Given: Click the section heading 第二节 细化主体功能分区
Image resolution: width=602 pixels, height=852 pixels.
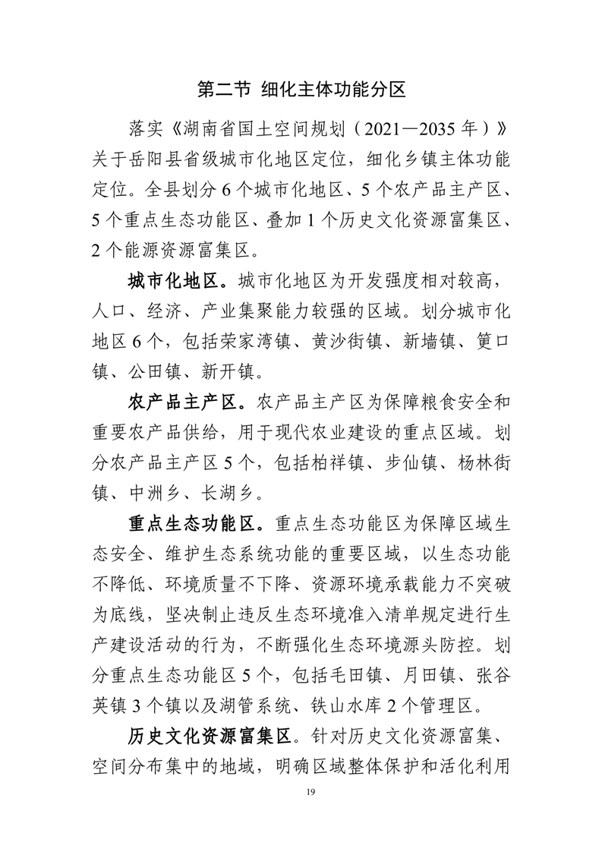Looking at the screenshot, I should (301, 89).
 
